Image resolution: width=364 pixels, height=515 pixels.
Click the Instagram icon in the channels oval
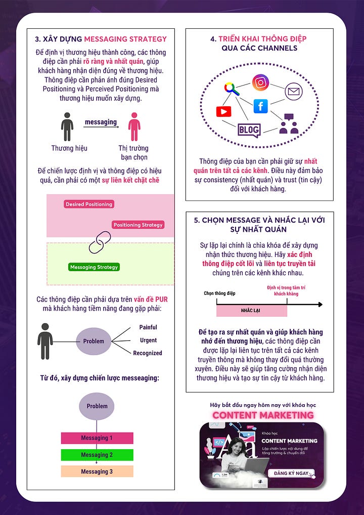click(x=260, y=82)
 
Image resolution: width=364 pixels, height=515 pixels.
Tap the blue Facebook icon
click(x=260, y=106)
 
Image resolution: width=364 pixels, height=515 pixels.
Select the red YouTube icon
click(x=223, y=111)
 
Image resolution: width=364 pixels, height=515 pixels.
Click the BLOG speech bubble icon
click(x=249, y=130)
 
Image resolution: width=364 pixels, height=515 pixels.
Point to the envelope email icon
click(x=293, y=92)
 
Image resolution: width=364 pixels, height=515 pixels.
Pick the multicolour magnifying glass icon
click(x=232, y=89)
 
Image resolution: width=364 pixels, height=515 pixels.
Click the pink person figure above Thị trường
click(x=133, y=127)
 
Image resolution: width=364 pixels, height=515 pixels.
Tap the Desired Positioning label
click(x=89, y=204)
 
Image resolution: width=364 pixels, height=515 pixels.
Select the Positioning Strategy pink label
click(x=138, y=225)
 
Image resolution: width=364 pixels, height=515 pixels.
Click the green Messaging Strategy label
click(x=94, y=267)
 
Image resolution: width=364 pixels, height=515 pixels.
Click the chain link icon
click(x=100, y=242)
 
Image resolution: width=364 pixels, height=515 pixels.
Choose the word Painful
click(x=148, y=327)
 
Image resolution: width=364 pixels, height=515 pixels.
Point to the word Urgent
click(x=148, y=340)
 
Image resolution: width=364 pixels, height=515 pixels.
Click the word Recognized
click(x=148, y=353)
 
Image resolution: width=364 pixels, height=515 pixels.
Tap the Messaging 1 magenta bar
click(x=97, y=438)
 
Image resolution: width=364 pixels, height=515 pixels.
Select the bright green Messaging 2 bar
click(x=97, y=455)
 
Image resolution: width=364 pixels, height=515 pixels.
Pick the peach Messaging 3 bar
click(x=97, y=471)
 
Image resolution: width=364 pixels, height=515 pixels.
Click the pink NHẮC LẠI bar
click(x=251, y=311)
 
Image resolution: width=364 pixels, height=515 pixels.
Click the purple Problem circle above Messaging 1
click(x=97, y=406)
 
